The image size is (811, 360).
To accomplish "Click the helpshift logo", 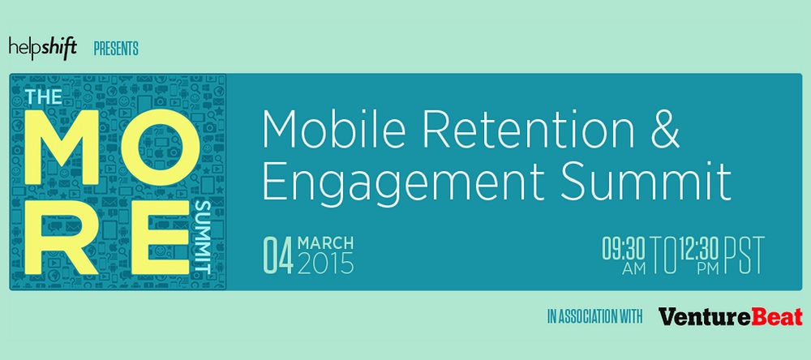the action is [x=43, y=49].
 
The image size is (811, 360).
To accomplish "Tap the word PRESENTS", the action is [x=116, y=49].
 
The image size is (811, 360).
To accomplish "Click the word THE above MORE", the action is [x=44, y=96].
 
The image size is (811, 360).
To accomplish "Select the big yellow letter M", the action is [x=62, y=147].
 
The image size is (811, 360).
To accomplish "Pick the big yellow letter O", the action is [x=161, y=147].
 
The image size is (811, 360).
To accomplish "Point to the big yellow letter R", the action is [x=62, y=238].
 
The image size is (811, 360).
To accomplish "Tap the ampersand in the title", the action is [x=665, y=131].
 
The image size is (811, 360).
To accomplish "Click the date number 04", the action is [x=279, y=255].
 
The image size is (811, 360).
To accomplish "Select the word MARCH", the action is [x=326, y=243].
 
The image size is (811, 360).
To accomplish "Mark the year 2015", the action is [x=326, y=264].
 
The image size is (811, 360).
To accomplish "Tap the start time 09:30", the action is [x=624, y=250].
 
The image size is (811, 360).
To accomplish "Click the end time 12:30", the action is [x=699, y=250].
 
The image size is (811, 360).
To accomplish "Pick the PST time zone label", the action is [x=744, y=255].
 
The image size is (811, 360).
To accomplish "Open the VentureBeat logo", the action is [x=731, y=316].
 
